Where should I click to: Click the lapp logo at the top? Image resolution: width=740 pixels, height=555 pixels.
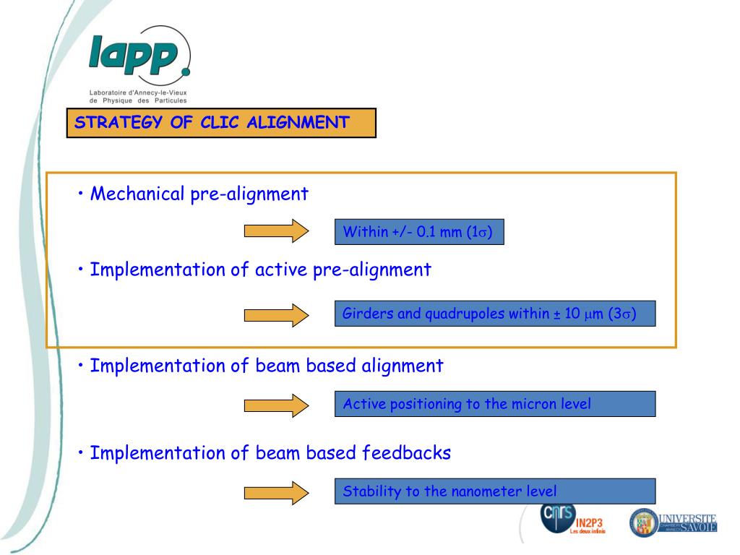point(139,56)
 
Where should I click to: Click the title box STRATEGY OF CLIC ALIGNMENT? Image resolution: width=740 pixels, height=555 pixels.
point(221,122)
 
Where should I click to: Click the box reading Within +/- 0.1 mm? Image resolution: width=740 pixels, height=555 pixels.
point(419,232)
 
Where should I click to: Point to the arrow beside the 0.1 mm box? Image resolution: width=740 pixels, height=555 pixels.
point(277,231)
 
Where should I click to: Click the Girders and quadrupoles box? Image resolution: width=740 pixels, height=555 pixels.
point(495,314)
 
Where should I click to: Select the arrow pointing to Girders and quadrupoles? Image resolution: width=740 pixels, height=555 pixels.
point(277,314)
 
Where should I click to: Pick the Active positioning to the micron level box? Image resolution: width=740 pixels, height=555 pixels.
point(495,404)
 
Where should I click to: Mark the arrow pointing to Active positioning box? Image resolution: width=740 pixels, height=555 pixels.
point(277,405)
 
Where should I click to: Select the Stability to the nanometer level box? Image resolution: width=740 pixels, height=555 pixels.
point(495,491)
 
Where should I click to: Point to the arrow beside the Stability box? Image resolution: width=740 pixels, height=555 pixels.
point(277,492)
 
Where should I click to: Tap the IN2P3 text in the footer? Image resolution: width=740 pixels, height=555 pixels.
point(589,522)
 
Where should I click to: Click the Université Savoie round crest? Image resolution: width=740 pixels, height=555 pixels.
point(643,522)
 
